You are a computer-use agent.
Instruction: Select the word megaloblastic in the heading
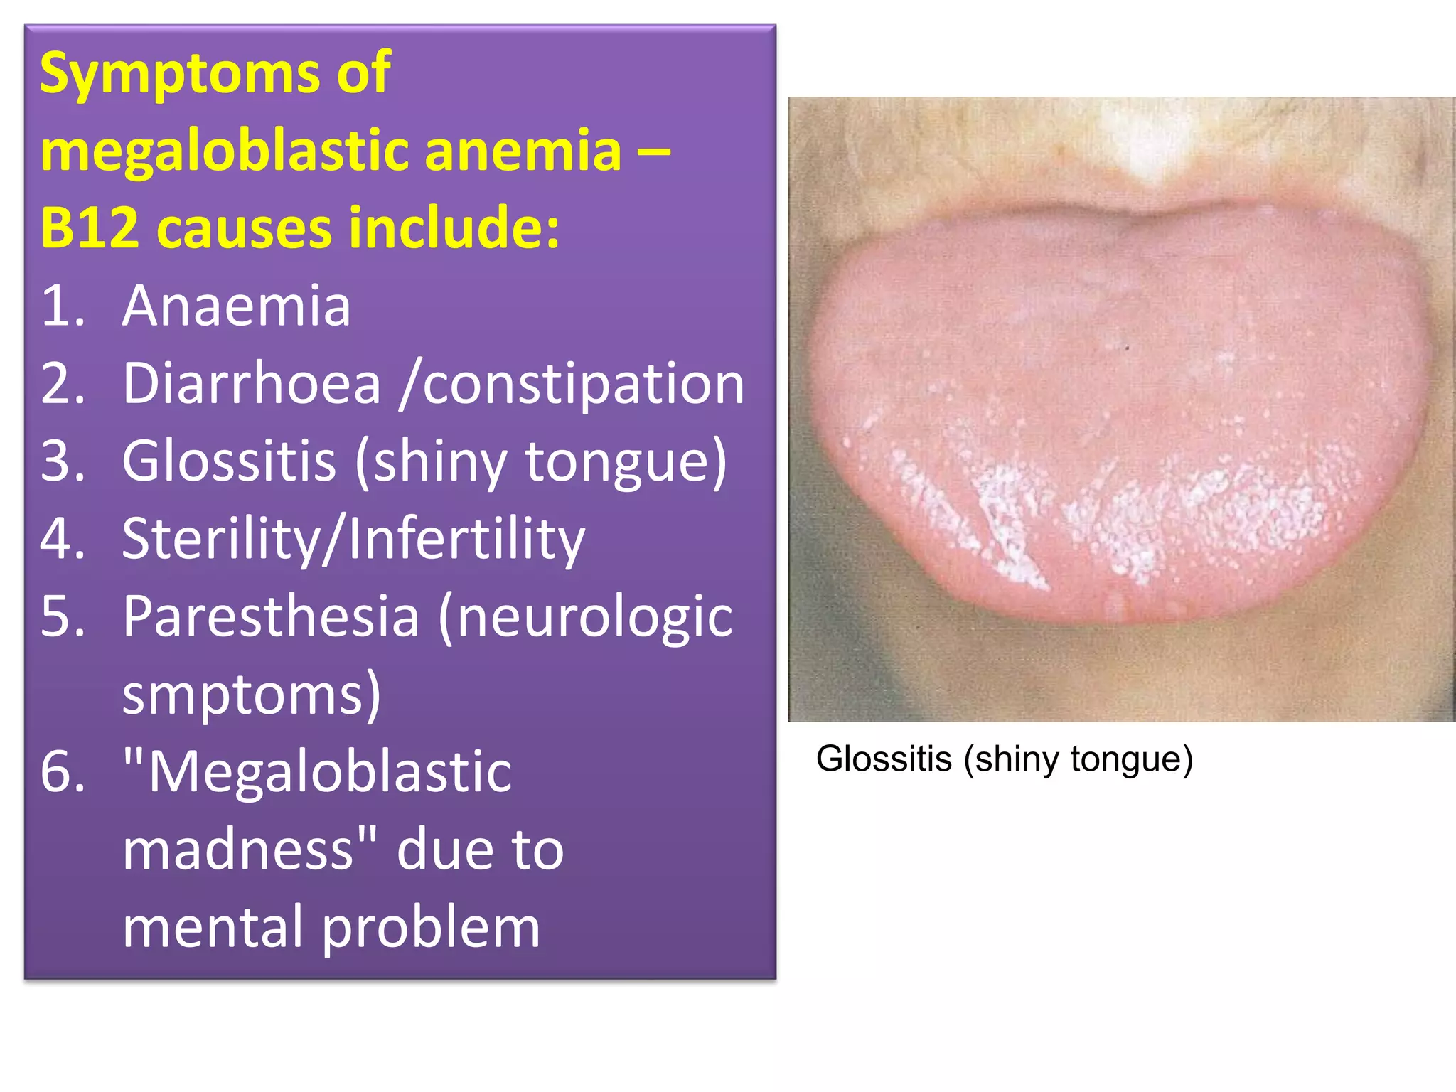tap(224, 151)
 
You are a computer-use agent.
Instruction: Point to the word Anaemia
tap(236, 306)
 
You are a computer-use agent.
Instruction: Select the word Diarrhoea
tap(252, 384)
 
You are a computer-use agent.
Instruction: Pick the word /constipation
tap(572, 384)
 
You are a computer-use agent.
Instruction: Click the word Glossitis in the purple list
tap(229, 461)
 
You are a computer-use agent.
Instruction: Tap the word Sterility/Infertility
tap(353, 539)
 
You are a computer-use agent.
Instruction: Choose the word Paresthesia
tap(271, 616)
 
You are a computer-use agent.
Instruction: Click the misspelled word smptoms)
tap(252, 695)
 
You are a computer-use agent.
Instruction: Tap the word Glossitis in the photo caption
tap(883, 759)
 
